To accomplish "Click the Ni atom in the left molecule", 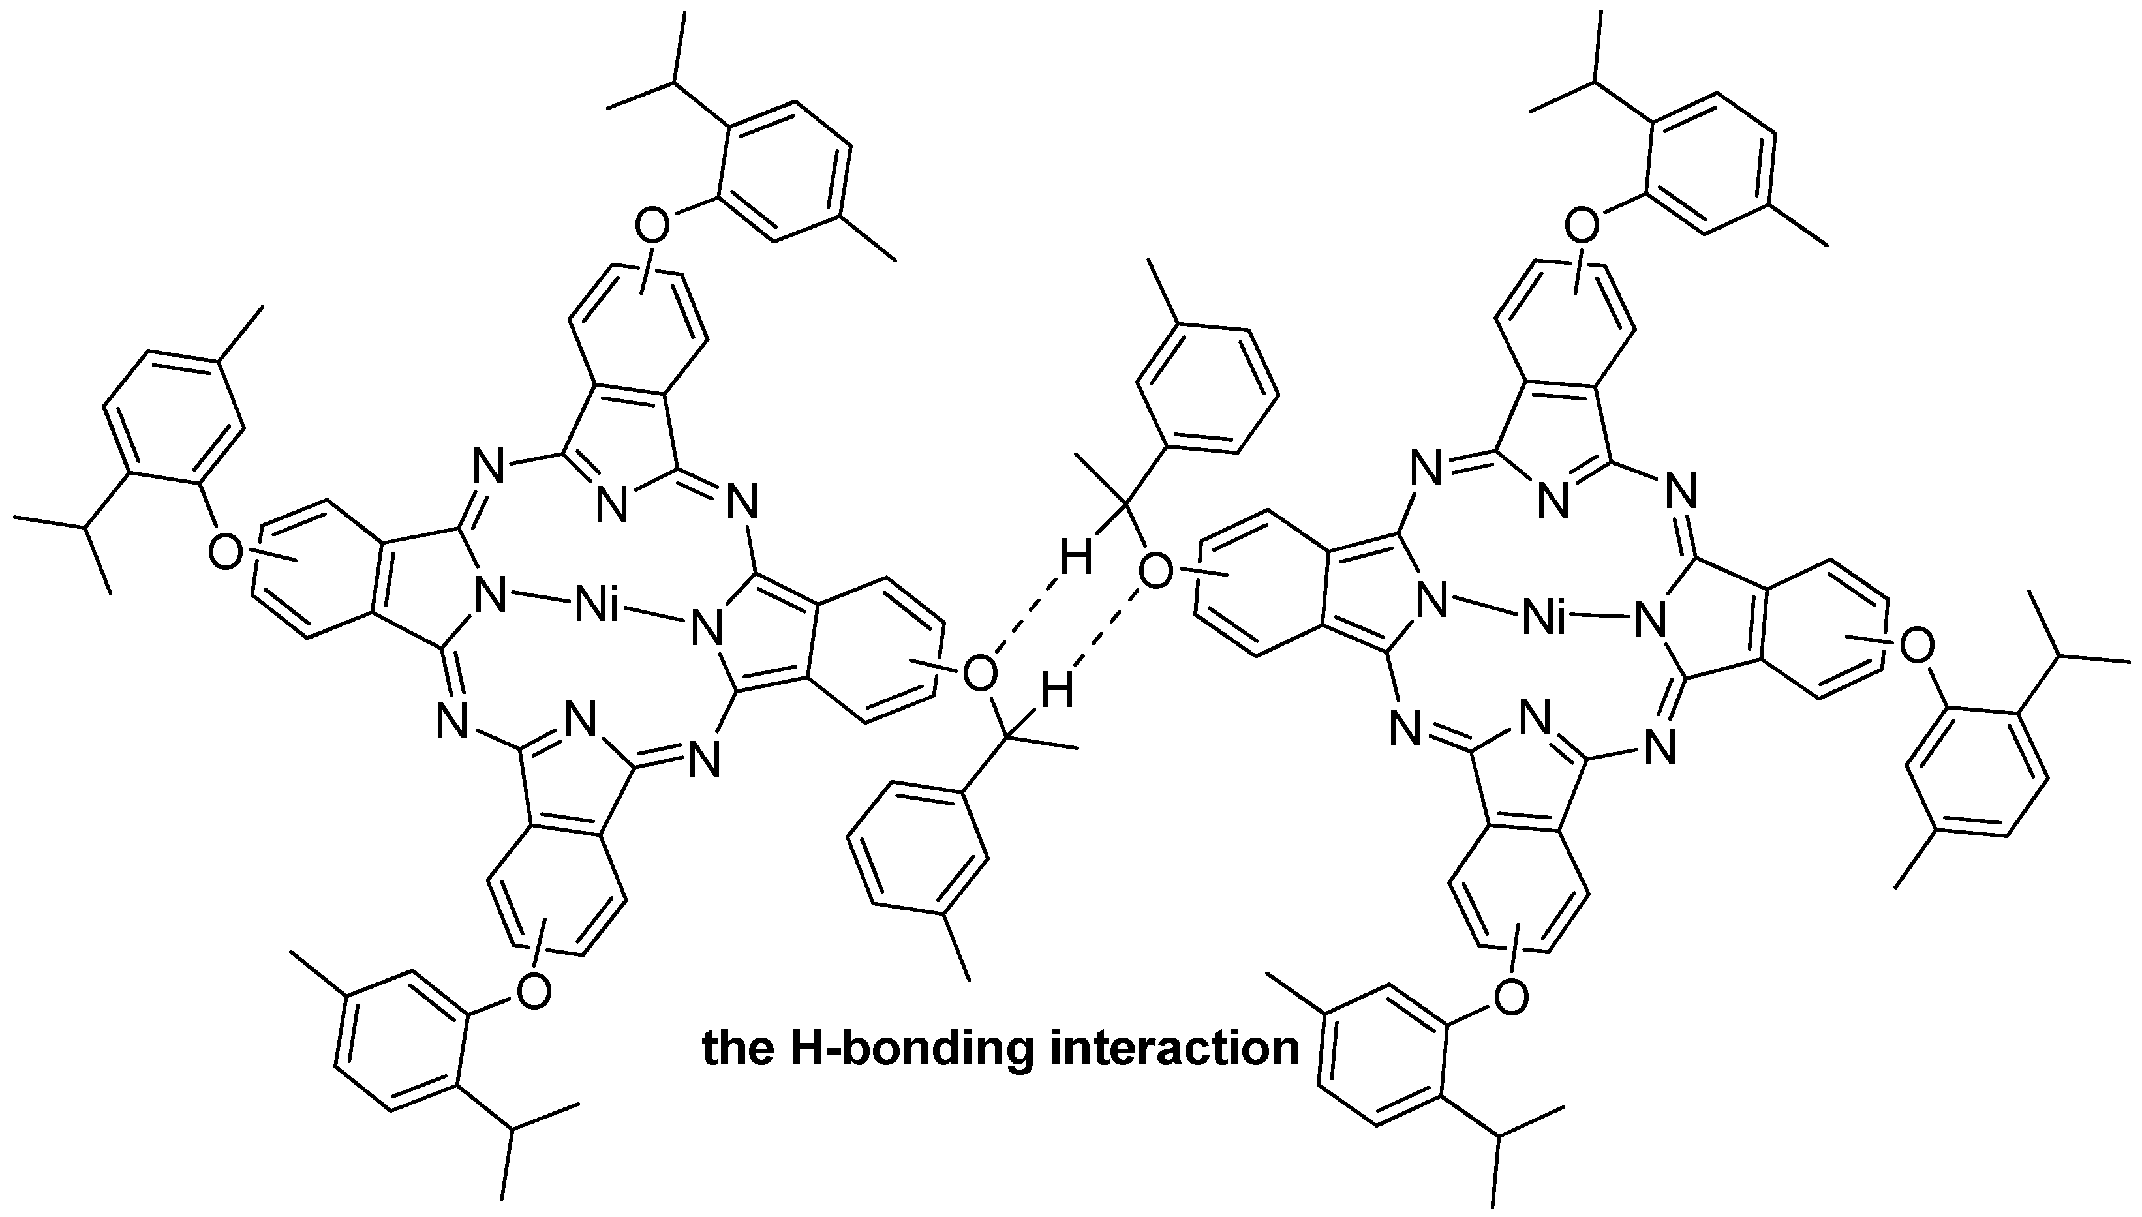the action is [x=597, y=608].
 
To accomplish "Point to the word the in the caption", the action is [x=737, y=1048].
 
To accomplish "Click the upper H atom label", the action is [x=1075, y=558].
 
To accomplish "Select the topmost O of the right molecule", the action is [x=1581, y=224].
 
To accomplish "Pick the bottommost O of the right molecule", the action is [x=1511, y=998].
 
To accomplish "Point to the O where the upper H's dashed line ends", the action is [x=980, y=673].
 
